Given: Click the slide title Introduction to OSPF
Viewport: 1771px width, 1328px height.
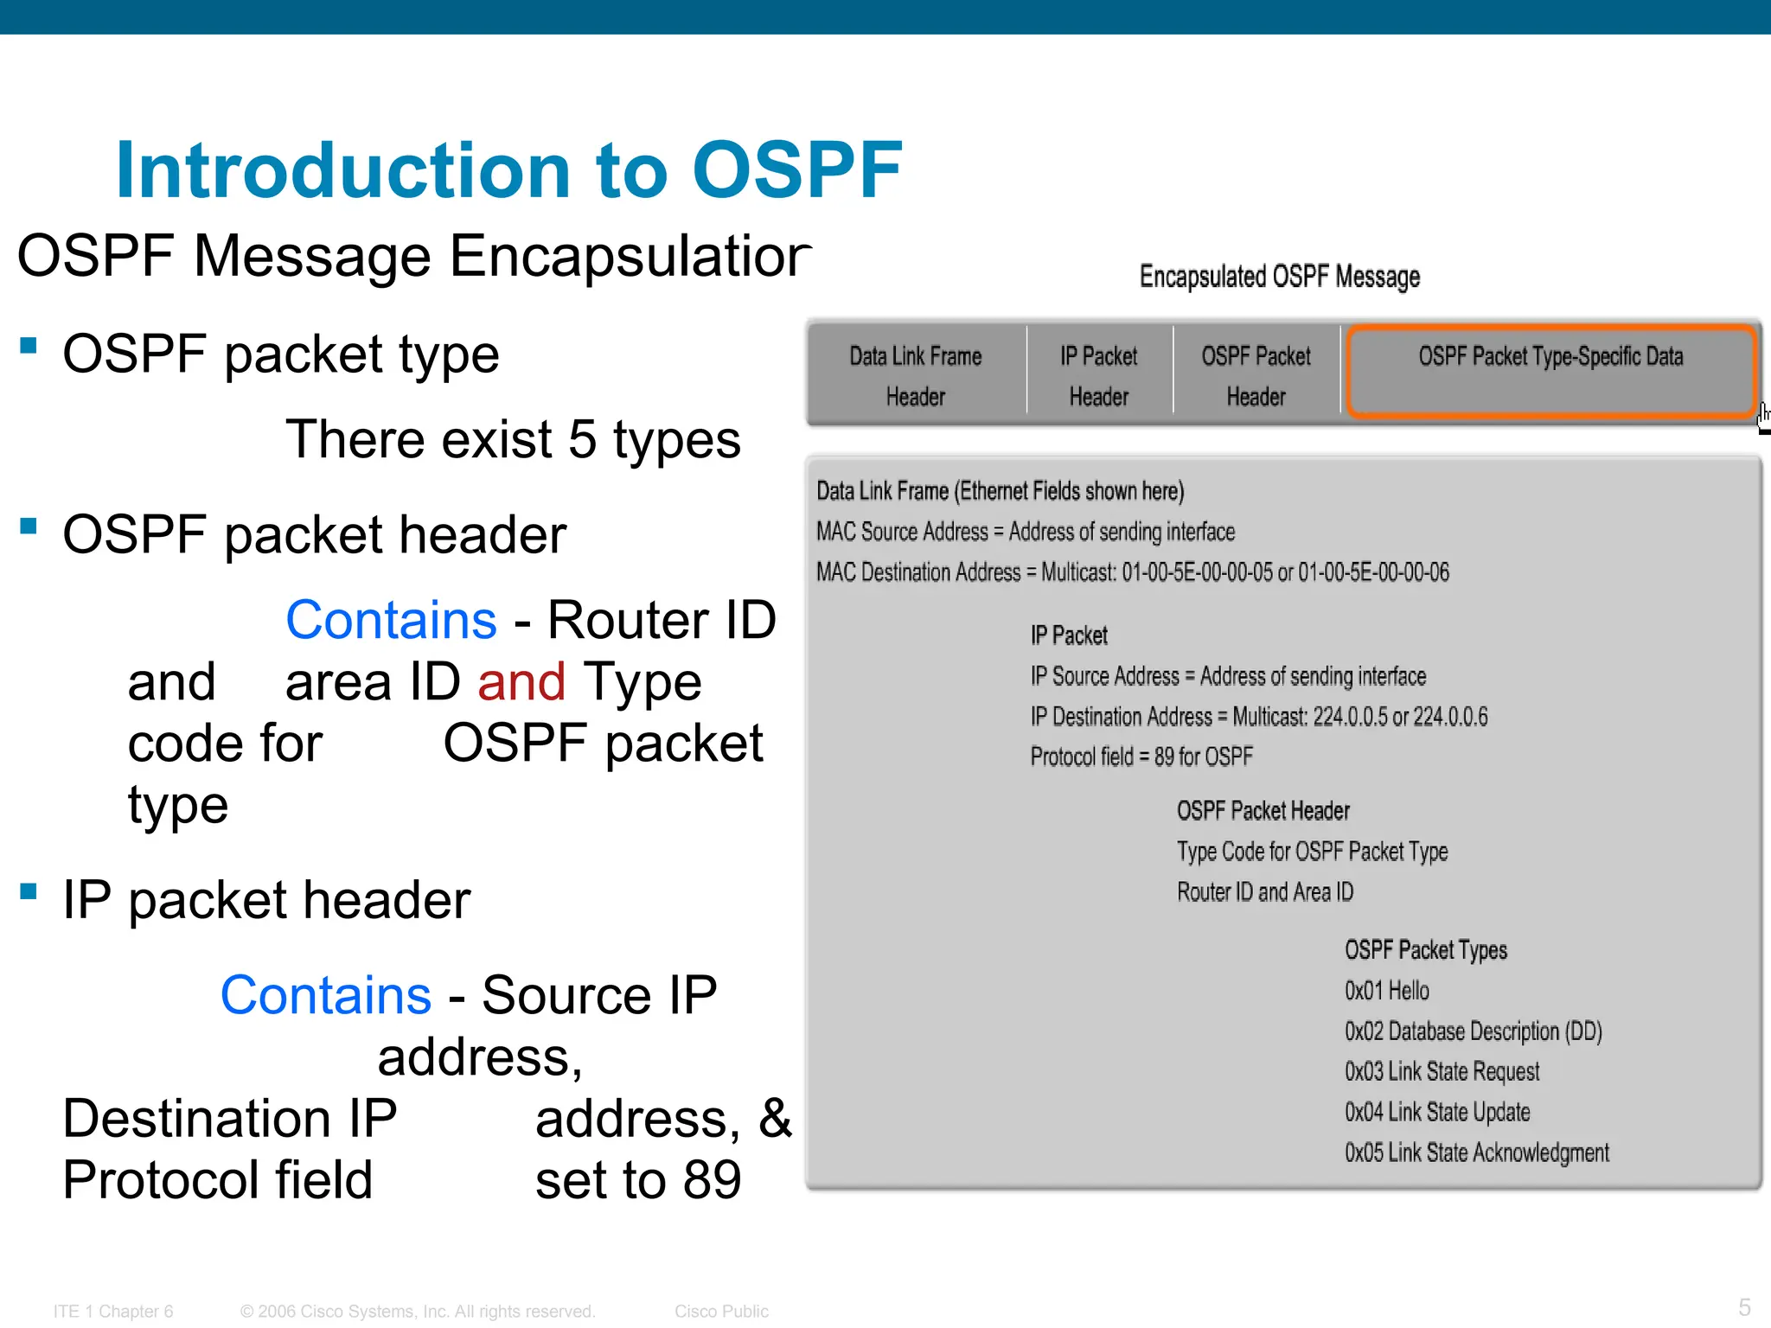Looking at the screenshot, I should (x=508, y=169).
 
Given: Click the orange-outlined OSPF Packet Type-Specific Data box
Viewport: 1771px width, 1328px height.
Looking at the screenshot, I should (x=1550, y=372).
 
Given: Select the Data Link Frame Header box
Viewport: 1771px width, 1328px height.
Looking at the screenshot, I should (x=915, y=375).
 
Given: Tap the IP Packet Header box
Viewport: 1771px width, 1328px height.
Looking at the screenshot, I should (x=1098, y=375).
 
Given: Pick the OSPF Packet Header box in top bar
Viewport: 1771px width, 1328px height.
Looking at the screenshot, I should (x=1256, y=375).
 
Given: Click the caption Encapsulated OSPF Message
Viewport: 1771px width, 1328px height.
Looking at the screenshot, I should (x=1279, y=277).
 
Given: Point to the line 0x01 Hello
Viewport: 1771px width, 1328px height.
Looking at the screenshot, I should (x=1386, y=991).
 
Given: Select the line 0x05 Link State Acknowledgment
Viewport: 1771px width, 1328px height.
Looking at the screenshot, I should (x=1476, y=1152).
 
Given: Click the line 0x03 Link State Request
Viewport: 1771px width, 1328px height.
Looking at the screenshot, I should (x=1442, y=1072).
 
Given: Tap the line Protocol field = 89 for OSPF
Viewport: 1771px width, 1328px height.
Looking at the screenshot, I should (x=1141, y=757).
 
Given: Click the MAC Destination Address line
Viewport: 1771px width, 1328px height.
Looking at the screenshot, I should (x=1132, y=572).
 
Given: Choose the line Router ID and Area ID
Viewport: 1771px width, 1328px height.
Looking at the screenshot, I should (x=1264, y=892).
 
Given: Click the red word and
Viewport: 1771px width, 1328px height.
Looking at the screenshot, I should (x=521, y=682).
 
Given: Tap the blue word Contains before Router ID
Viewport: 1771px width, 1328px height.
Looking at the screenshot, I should (x=391, y=620).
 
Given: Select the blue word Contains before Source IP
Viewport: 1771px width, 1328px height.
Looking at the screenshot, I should (x=325, y=995).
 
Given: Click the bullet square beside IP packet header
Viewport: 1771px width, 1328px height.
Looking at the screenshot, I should (x=29, y=891).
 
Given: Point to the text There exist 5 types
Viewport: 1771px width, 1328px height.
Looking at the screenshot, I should (x=513, y=439).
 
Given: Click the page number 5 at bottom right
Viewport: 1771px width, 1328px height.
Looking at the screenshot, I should (x=1744, y=1306).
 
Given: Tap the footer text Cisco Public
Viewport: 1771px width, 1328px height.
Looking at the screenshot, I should (x=720, y=1312).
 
